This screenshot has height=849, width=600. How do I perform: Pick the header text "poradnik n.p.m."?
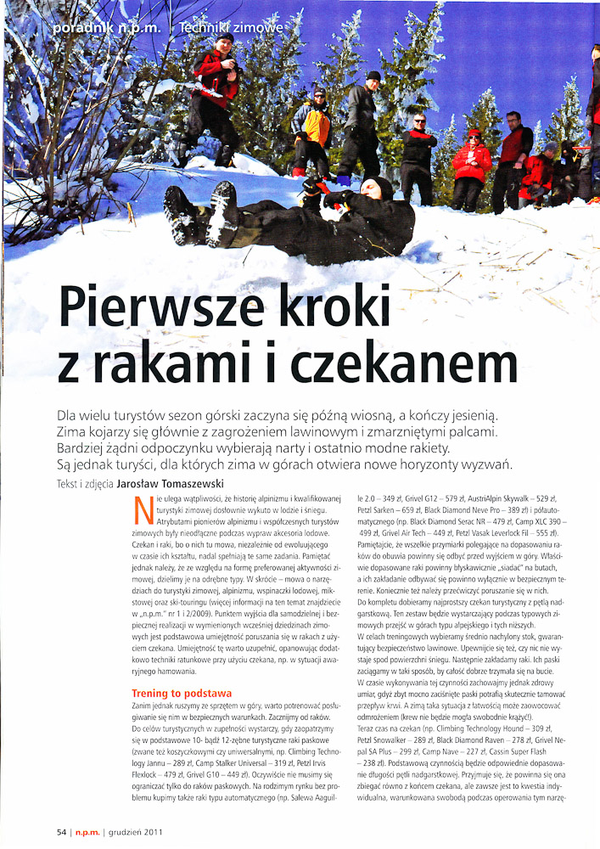(x=107, y=28)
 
